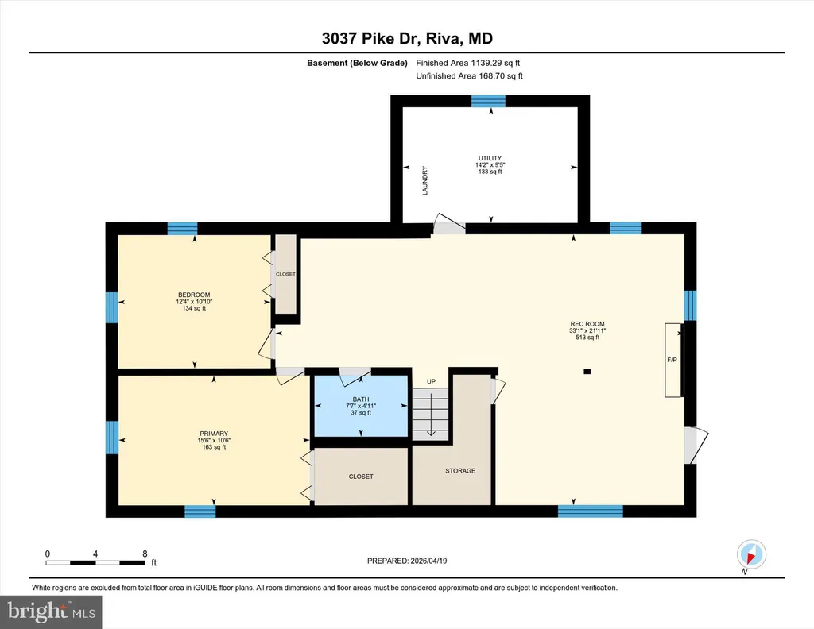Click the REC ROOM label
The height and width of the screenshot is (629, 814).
(x=587, y=324)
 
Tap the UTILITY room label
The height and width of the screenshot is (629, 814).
(x=490, y=158)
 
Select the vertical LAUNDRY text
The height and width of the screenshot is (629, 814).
(x=424, y=180)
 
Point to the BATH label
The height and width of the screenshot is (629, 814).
(x=361, y=399)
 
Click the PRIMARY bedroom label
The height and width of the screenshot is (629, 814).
(x=214, y=434)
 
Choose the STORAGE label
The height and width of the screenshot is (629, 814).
(x=460, y=471)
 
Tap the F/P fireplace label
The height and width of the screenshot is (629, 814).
(x=672, y=360)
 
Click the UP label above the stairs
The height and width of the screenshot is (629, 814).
(x=431, y=382)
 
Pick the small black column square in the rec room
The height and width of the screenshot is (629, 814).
(x=587, y=371)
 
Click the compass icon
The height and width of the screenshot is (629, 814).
(x=751, y=554)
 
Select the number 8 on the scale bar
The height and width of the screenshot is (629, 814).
(x=145, y=554)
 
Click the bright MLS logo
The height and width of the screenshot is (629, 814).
(x=51, y=612)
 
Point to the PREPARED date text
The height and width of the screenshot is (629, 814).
(x=407, y=561)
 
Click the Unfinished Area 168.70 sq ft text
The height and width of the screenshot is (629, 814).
(x=469, y=75)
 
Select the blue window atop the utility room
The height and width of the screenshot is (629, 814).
(x=489, y=101)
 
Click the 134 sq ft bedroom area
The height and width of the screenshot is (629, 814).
(x=194, y=308)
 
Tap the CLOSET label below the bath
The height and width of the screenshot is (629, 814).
(x=361, y=477)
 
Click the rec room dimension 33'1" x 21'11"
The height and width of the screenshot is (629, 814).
(x=587, y=330)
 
